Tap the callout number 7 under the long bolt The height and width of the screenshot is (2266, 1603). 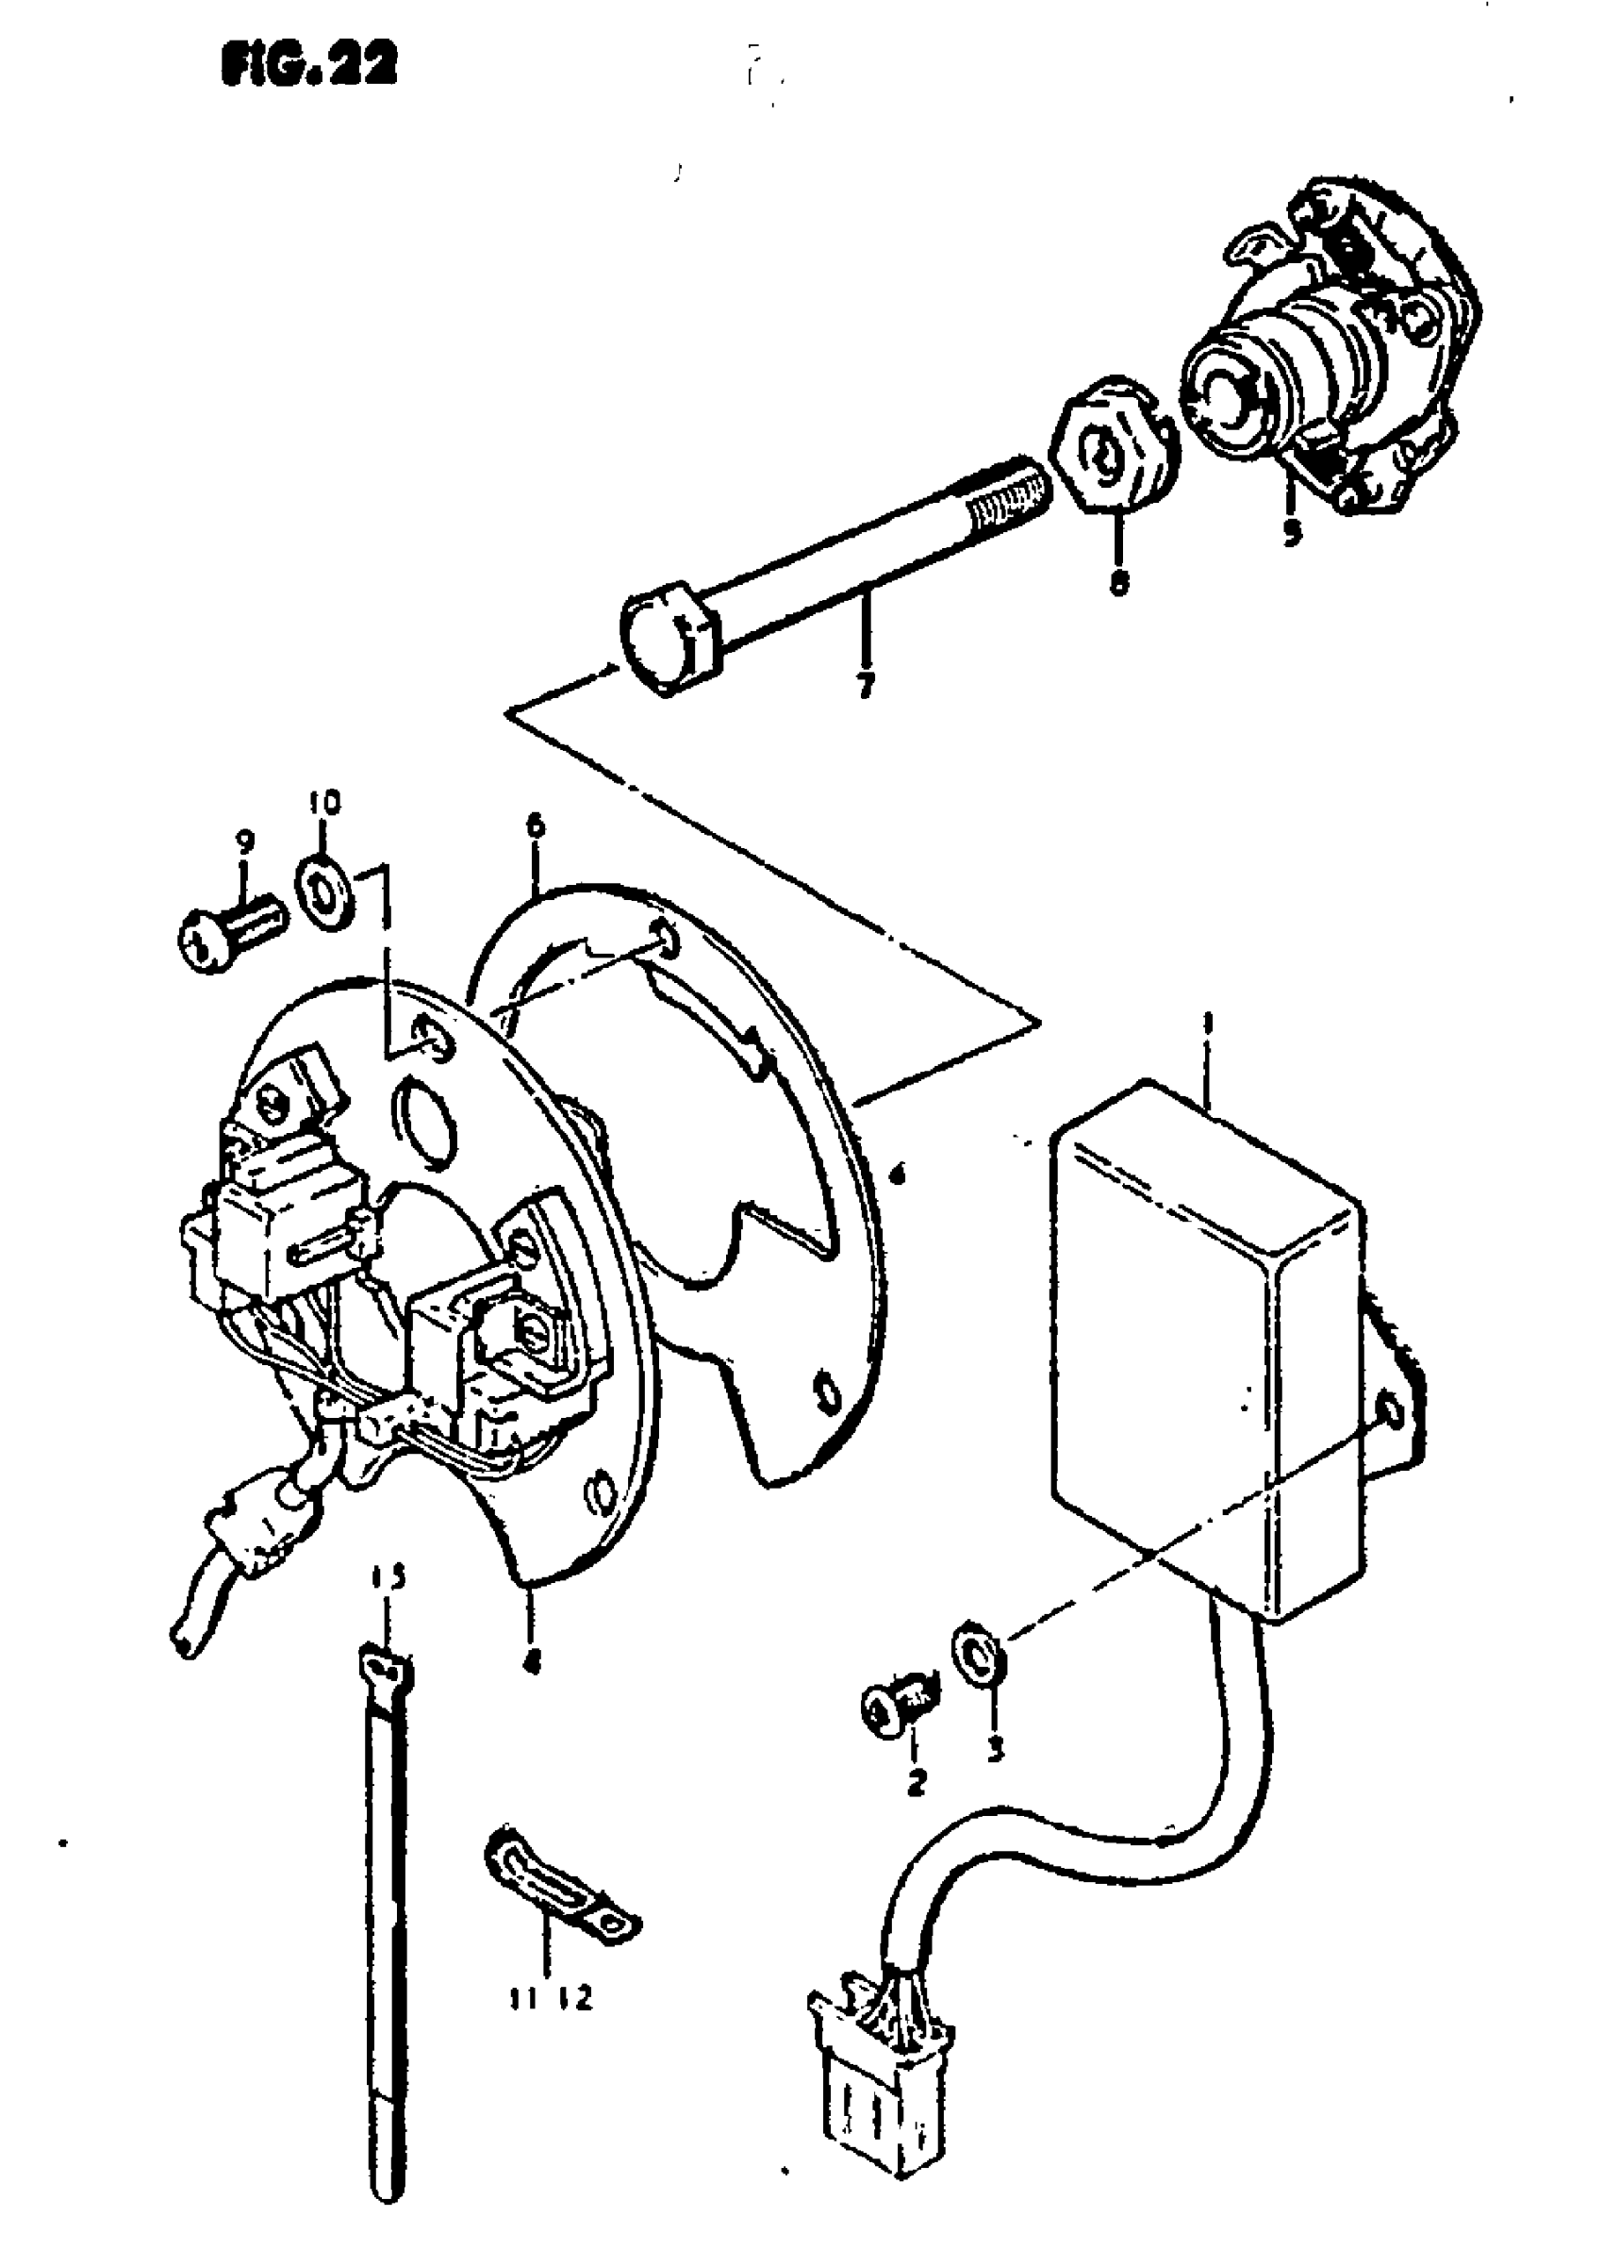866,684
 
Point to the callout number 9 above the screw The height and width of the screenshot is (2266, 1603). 245,841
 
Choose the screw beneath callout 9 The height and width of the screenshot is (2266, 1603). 230,933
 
